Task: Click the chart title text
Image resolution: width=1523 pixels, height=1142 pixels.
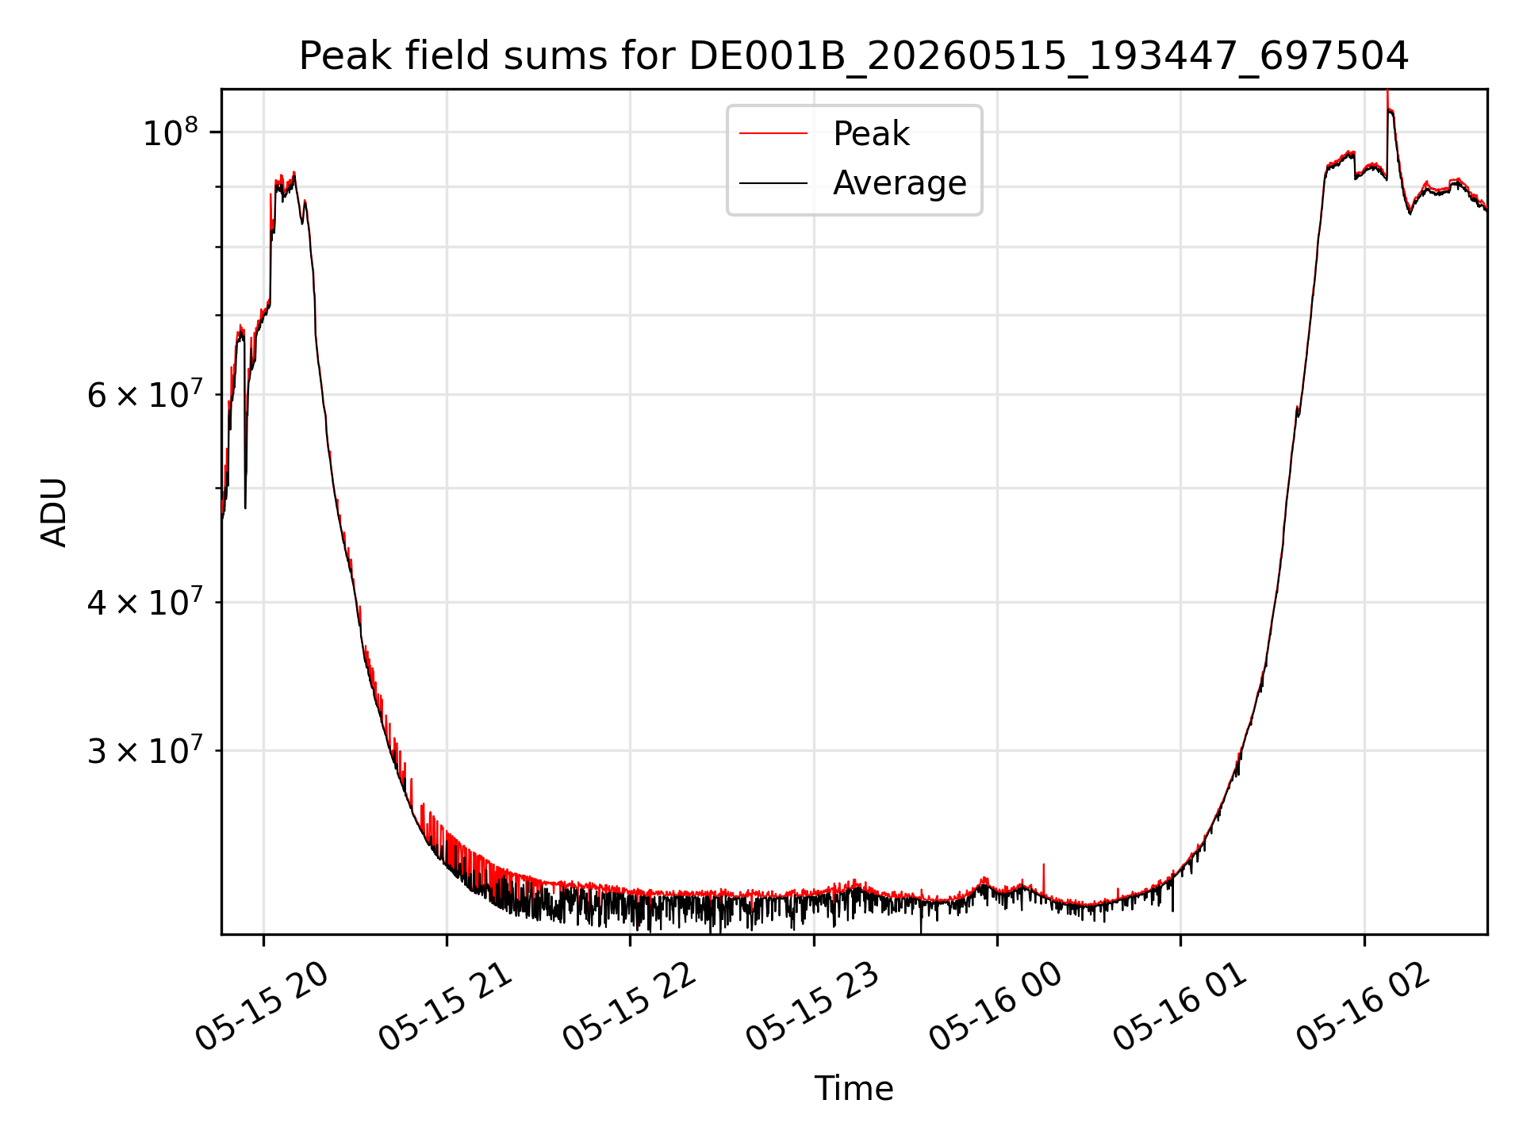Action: [854, 56]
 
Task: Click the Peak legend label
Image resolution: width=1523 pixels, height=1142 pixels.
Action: [871, 134]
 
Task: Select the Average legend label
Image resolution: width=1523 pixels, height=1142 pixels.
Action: [900, 183]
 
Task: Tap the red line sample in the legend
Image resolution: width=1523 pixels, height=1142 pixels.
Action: [773, 134]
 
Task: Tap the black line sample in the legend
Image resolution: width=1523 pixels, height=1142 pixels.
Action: [773, 183]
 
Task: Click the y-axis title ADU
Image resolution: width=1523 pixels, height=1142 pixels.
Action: [54, 512]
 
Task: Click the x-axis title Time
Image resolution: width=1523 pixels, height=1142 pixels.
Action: [854, 1089]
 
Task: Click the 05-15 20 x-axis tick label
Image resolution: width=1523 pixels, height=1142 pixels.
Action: [263, 1008]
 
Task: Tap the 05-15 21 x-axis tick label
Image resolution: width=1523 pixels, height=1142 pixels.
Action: [446, 1008]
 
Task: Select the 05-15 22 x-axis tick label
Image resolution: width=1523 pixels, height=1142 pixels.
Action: [630, 1008]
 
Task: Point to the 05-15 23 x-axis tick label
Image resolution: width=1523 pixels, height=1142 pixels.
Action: [813, 1008]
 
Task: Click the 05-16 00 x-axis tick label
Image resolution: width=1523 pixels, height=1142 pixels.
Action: [996, 1008]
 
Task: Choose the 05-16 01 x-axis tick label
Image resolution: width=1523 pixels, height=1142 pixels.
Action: [1180, 1008]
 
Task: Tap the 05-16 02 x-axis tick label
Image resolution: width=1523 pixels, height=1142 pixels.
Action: [1364, 1008]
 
